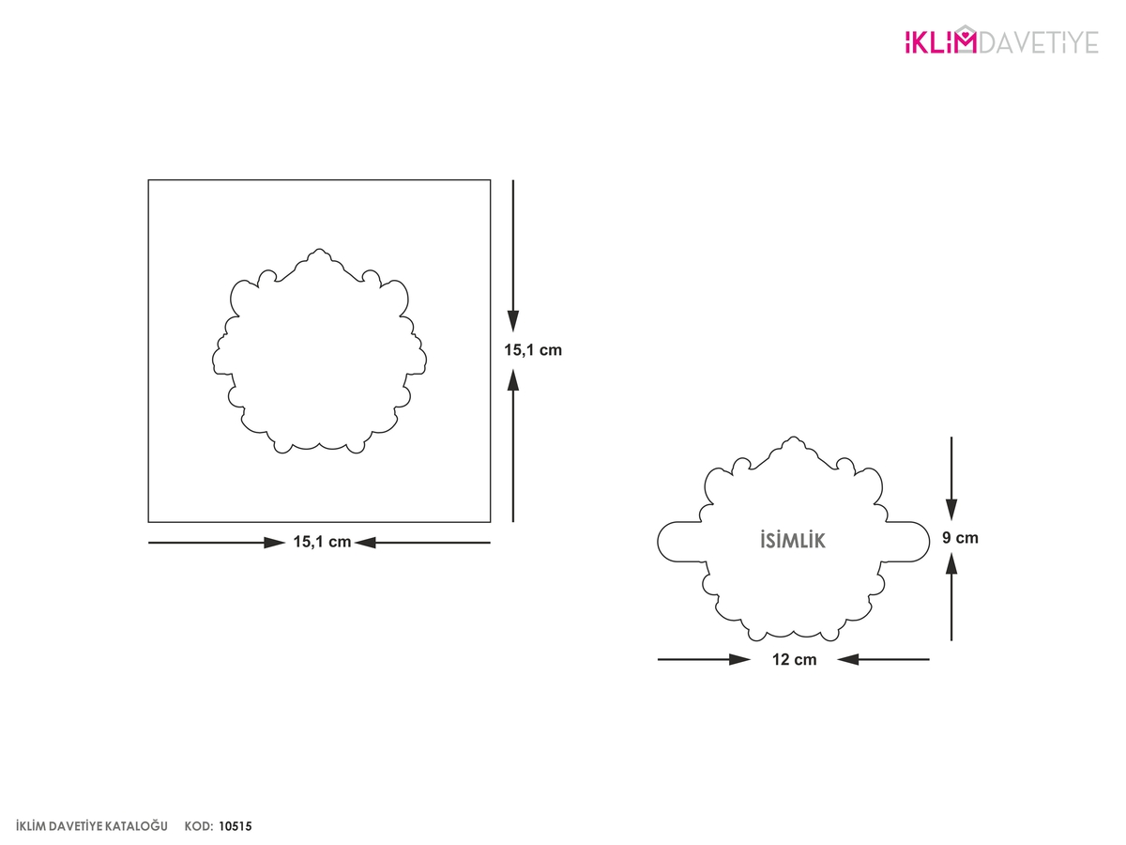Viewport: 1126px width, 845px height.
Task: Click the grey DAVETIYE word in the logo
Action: click(1040, 42)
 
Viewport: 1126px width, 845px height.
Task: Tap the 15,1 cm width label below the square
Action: click(322, 542)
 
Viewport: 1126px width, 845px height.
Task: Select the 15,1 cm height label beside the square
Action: click(533, 350)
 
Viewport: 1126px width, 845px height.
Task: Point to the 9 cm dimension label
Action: click(960, 538)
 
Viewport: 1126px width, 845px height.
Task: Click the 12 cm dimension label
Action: click(795, 659)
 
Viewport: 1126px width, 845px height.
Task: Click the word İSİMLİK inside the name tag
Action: click(793, 540)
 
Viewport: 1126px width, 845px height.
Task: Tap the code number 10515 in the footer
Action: click(236, 826)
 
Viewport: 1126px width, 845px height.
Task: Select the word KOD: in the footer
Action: click(199, 826)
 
